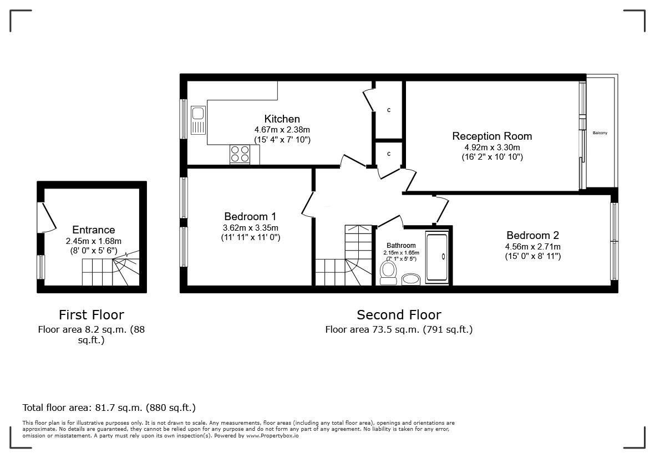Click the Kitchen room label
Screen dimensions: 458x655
tap(282, 119)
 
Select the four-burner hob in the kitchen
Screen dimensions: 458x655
tap(240, 154)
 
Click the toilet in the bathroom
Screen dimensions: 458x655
tap(388, 272)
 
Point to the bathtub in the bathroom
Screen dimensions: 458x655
tap(438, 257)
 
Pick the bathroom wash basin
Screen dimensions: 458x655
tap(411, 278)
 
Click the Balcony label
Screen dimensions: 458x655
tap(600, 133)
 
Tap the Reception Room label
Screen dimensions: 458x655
tap(492, 136)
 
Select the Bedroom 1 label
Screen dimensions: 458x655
tap(250, 216)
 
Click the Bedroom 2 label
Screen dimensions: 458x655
tap(532, 235)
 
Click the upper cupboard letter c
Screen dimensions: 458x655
tap(389, 110)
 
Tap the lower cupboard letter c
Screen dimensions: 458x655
tap(389, 154)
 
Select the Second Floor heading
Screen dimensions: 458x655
tap(399, 315)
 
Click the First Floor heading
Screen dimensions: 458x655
tap(92, 315)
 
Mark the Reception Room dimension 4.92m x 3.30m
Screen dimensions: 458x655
tap(492, 147)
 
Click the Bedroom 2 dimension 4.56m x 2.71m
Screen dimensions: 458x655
tap(532, 247)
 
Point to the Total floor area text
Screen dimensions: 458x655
tap(109, 408)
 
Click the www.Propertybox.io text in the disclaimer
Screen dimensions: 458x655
tap(272, 436)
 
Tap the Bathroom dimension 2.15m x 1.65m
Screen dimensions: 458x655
tap(401, 253)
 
